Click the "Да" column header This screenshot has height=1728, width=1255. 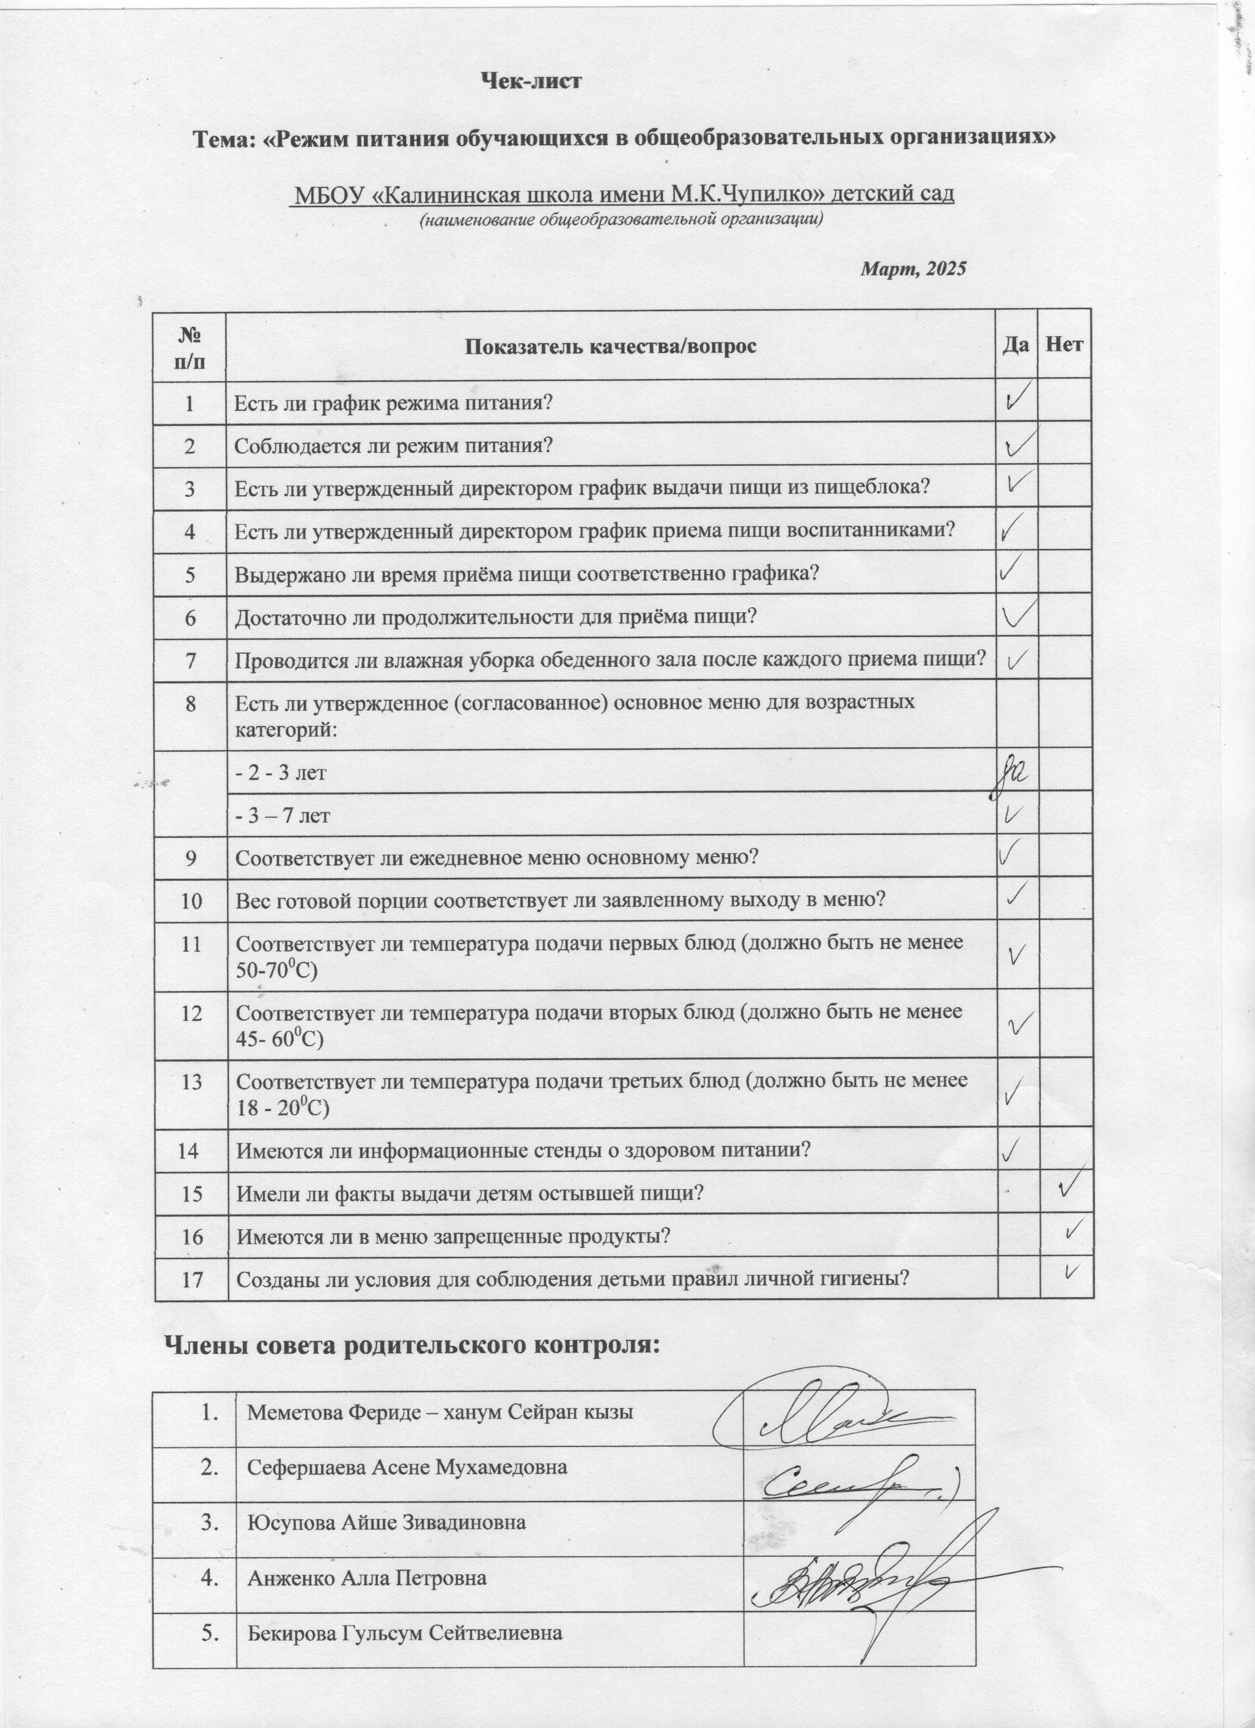1017,345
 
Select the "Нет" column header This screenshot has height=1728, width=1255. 1065,345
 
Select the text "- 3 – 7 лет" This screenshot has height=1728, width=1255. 282,816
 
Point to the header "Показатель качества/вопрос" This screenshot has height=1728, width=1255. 611,347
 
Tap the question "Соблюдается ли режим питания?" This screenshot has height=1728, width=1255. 393,446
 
